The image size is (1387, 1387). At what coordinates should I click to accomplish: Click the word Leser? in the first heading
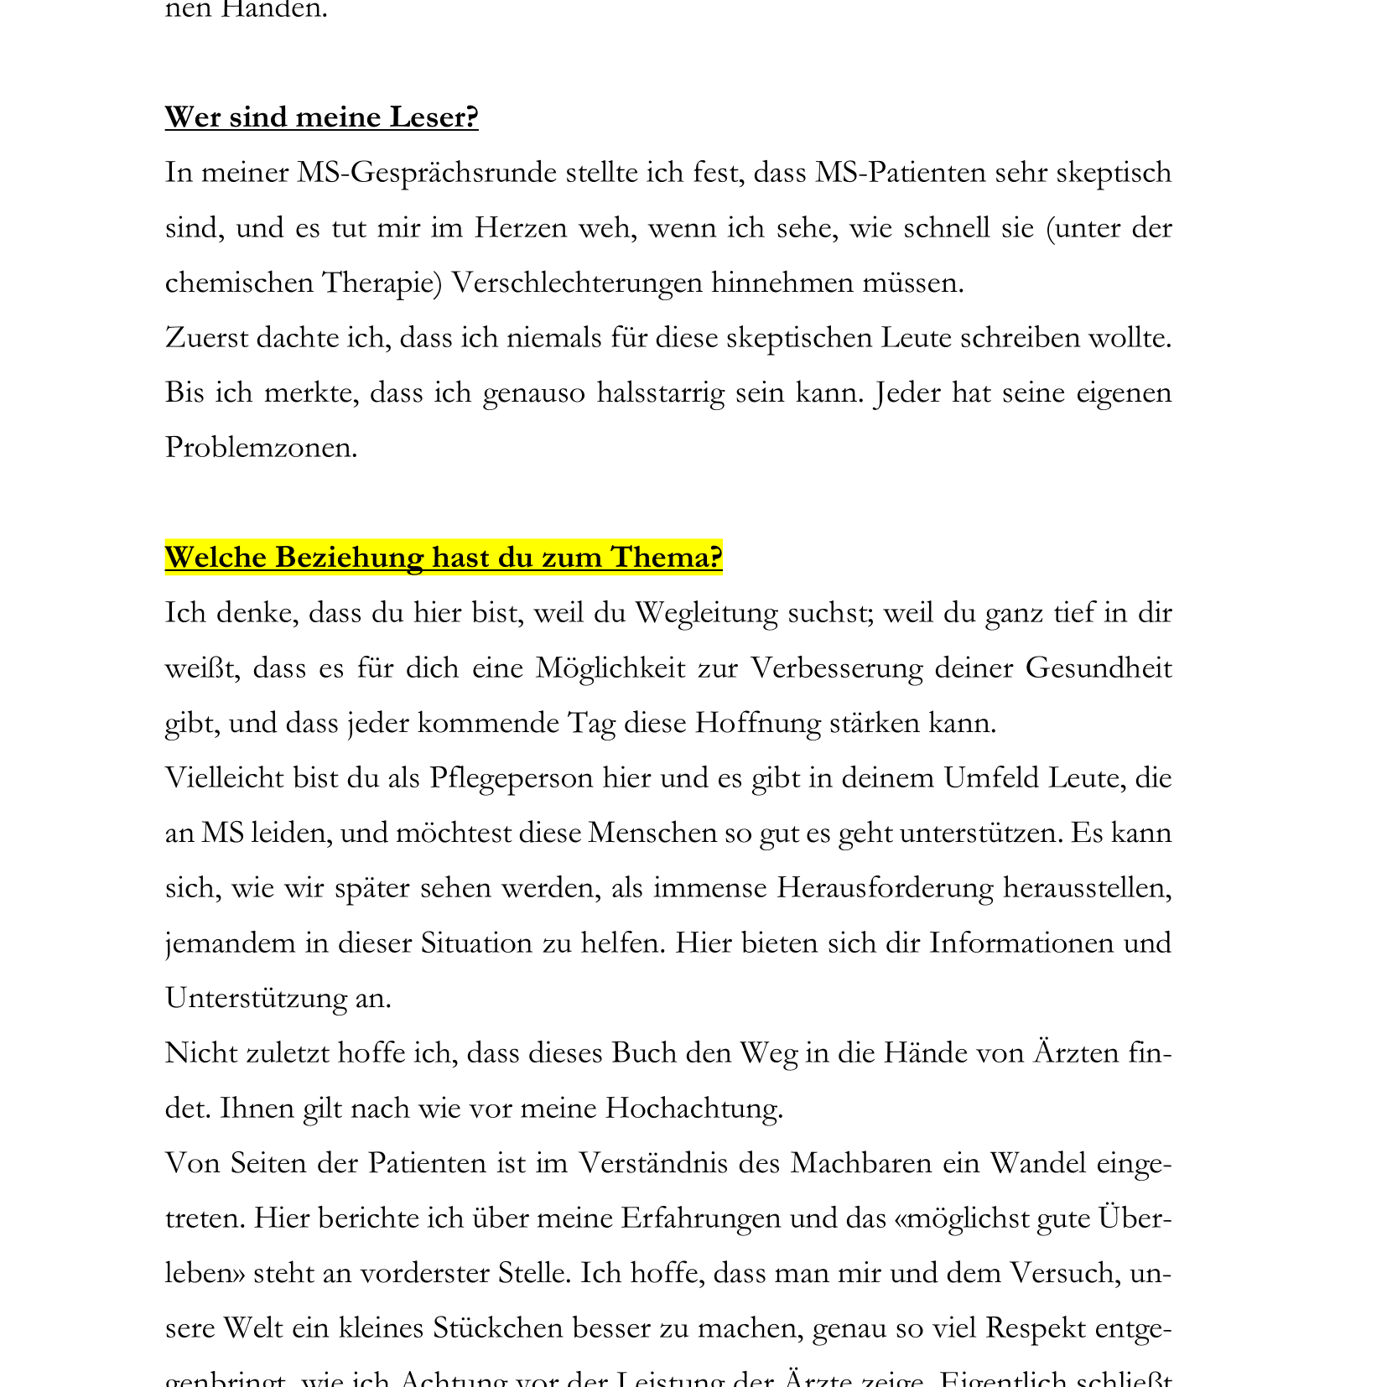click(434, 117)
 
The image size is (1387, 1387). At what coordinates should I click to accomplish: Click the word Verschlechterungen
click(577, 283)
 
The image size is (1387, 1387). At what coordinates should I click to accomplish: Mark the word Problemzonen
click(261, 448)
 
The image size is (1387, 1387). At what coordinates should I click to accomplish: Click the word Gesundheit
click(1098, 668)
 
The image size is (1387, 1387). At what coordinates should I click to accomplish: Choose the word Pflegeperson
click(511, 778)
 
